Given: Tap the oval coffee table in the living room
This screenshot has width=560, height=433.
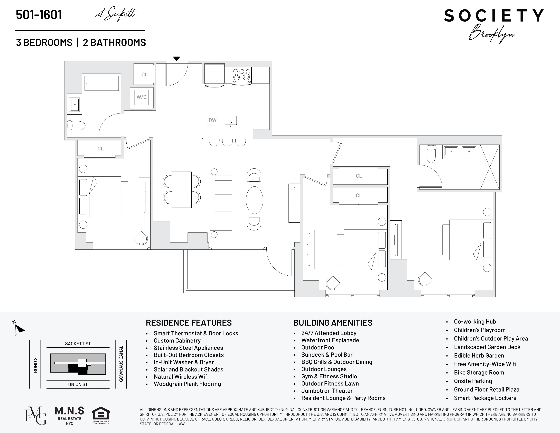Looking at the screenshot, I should (x=254, y=200).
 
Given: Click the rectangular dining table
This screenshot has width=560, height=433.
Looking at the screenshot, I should (x=182, y=190).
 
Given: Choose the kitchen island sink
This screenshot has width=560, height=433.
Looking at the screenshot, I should (x=230, y=120).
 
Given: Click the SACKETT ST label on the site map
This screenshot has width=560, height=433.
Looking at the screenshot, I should (x=78, y=344).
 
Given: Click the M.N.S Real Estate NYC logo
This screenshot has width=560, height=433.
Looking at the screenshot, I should (x=69, y=416).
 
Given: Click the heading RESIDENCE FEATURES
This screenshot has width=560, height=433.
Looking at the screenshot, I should (x=189, y=323).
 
